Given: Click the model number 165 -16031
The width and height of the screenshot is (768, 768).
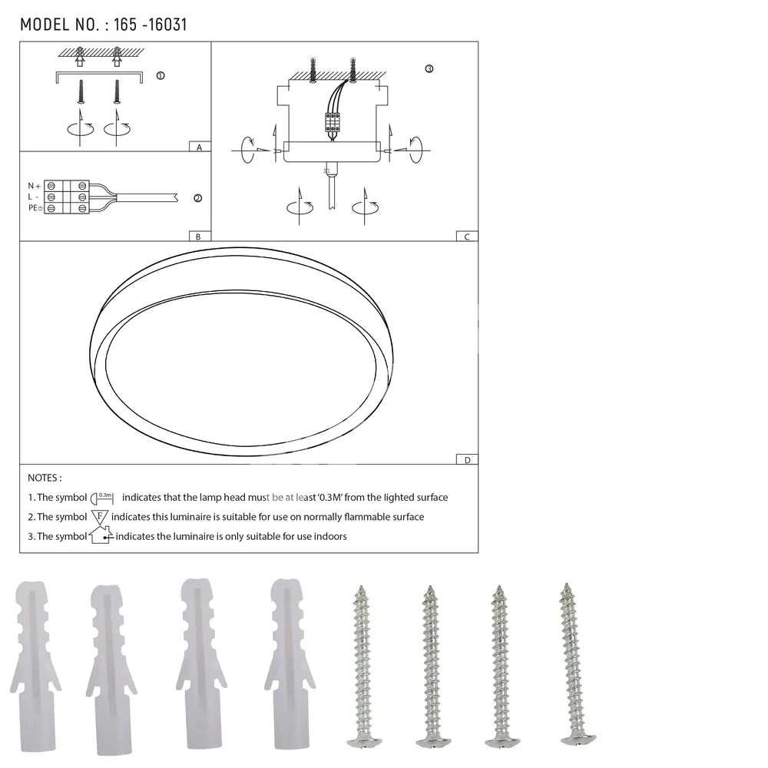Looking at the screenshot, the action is coord(151,25).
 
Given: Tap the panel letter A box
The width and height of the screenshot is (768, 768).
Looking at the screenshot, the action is coord(200,147).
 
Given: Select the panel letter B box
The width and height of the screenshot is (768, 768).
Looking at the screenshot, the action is coord(200,236).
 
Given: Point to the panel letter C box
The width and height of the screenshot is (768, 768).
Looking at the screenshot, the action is coord(467,236).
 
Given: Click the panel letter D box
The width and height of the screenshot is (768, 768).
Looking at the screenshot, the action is coord(467,459).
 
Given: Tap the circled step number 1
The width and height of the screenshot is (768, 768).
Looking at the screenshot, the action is coord(161,75).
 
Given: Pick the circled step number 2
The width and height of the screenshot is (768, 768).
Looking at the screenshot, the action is coord(198,198).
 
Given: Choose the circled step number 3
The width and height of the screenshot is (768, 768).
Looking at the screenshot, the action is coord(429,68).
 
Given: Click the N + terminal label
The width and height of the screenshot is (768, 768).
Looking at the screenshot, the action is coord(35,186).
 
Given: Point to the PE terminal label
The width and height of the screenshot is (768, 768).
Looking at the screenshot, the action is coord(35,208).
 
